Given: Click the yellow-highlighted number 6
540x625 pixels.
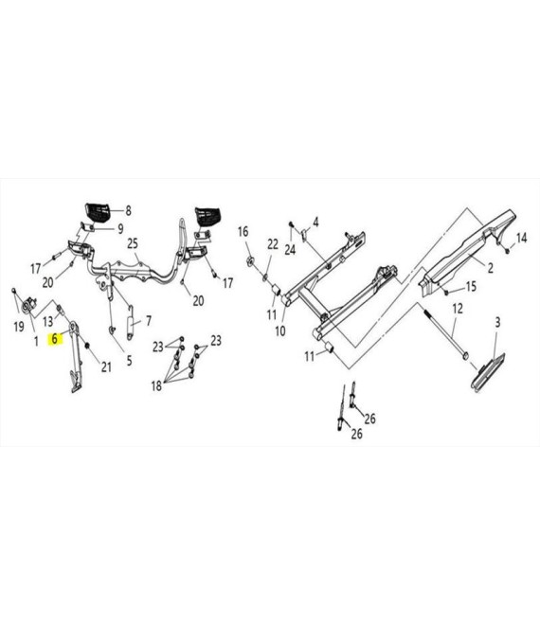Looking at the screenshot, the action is tap(55, 339).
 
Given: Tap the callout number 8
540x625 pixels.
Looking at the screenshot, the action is tap(128, 210).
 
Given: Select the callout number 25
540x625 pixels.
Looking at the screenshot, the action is tap(133, 243).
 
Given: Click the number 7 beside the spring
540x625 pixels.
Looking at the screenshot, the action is tap(149, 320).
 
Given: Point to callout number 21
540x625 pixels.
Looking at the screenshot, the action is tap(106, 366).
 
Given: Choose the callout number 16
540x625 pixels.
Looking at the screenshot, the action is tap(243, 231).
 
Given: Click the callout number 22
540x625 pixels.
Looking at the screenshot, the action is tap(273, 244).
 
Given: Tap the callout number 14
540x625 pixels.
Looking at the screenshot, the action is tap(522, 238).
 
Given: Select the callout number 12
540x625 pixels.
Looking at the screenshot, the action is tap(458, 308).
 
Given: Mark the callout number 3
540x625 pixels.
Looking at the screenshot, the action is tap(497, 322).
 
